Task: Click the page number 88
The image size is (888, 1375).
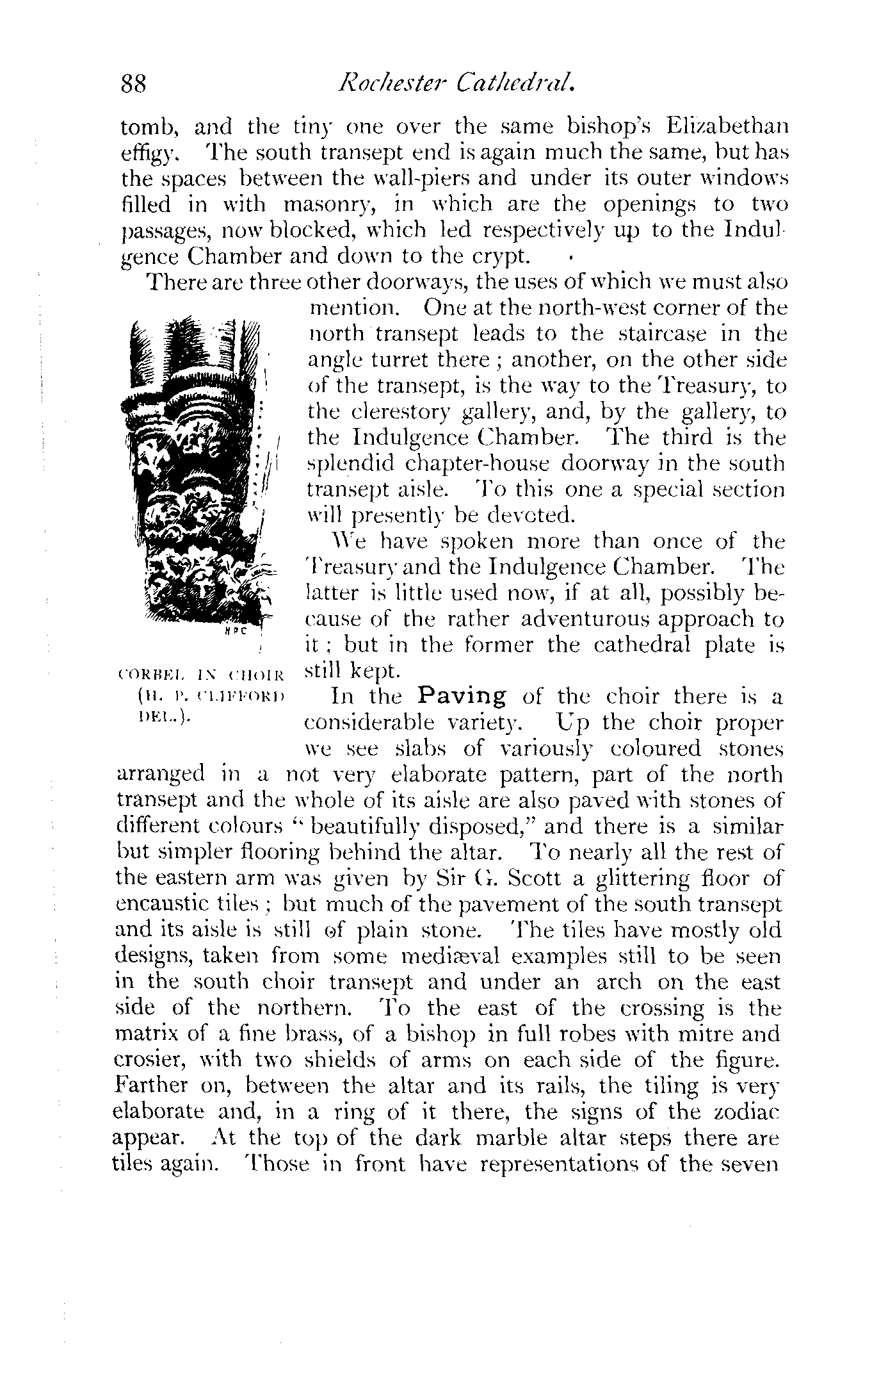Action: pos(134,85)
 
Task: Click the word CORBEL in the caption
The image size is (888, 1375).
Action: pos(142,673)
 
